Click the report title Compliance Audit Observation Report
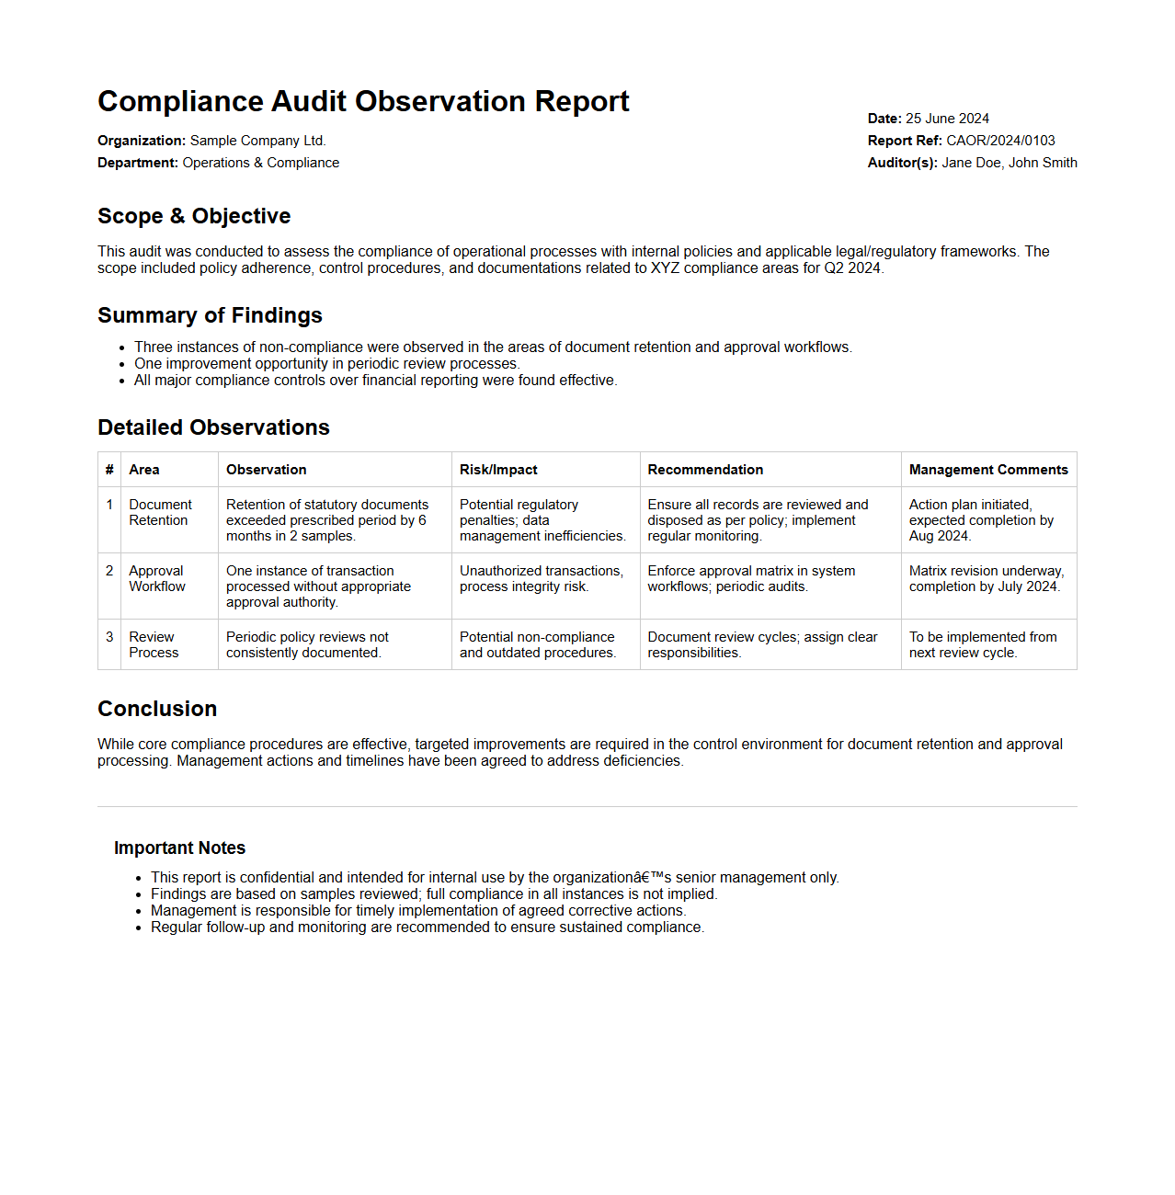coord(363,101)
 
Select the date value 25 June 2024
coord(947,119)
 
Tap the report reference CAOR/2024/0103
coord(1000,141)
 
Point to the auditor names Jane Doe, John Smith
coord(1010,163)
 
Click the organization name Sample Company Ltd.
coord(257,141)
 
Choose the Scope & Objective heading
coord(194,216)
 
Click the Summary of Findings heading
coord(210,315)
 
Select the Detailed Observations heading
coord(213,427)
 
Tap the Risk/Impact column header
coord(498,470)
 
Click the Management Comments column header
coord(988,470)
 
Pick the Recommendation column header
coord(705,470)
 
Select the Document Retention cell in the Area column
coord(160,513)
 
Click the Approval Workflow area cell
coord(157,579)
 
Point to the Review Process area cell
coord(154,645)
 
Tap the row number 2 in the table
coord(109,571)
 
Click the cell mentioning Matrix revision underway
coord(986,579)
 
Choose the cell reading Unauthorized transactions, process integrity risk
coord(541,579)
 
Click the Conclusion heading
coord(157,709)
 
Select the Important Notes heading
coord(179,848)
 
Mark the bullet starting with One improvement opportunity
coord(326,364)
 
